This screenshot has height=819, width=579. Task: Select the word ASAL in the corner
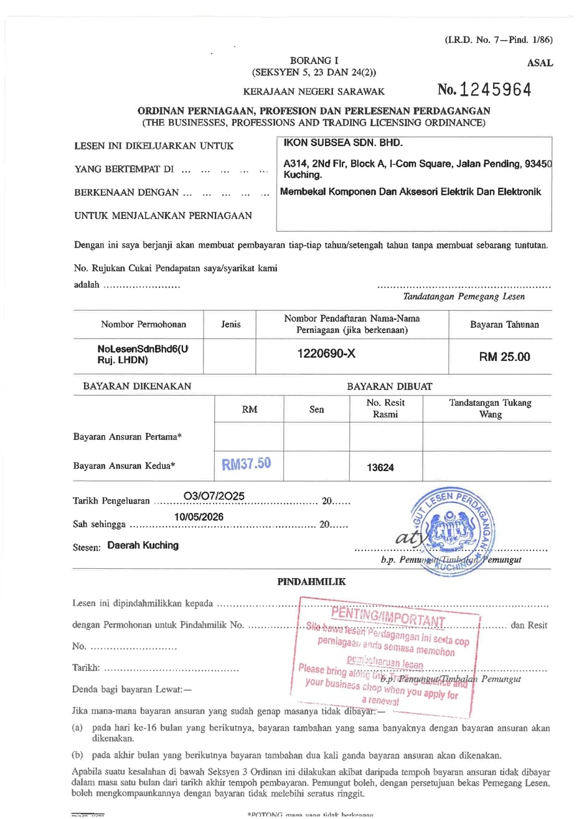tap(540, 63)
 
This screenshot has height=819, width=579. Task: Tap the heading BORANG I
tap(314, 60)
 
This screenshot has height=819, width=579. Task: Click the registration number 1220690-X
tap(326, 354)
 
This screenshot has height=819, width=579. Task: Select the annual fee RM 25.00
tap(504, 357)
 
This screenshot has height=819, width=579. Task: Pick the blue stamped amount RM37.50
tap(247, 464)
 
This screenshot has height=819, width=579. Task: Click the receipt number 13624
tap(380, 467)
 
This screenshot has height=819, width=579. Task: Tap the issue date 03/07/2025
tap(214, 496)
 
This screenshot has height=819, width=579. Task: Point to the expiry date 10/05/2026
tap(199, 517)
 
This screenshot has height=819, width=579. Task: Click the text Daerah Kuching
tap(143, 545)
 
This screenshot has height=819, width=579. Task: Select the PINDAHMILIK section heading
tap(311, 582)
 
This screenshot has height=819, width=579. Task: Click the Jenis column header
tap(230, 324)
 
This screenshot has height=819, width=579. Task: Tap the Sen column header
tap(316, 409)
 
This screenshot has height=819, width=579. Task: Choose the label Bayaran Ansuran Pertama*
tap(127, 437)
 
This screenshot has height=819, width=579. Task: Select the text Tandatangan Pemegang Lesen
tap(463, 297)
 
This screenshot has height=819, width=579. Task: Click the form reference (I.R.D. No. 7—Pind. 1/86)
tap(498, 40)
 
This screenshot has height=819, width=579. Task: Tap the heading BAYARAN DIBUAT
tap(389, 386)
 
